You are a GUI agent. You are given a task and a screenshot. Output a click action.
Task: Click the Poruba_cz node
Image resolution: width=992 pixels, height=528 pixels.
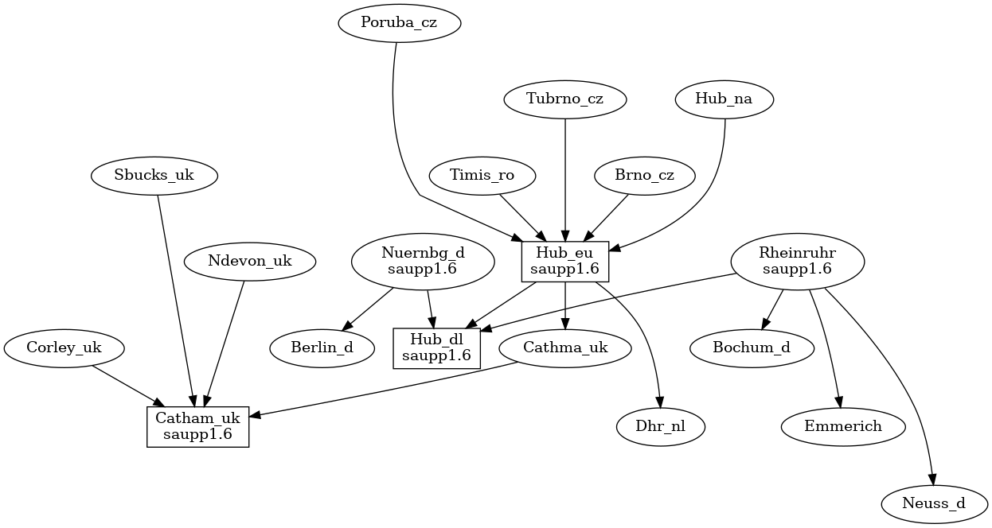click(399, 23)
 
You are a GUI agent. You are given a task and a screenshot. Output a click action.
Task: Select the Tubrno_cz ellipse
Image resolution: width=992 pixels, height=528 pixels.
click(565, 99)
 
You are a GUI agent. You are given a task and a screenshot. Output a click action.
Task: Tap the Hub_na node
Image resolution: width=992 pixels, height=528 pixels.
click(724, 99)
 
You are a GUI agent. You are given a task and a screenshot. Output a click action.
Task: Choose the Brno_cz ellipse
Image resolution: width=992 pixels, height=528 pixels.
click(644, 176)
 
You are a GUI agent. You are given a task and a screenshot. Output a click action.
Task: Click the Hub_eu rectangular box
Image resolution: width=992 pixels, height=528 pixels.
click(565, 262)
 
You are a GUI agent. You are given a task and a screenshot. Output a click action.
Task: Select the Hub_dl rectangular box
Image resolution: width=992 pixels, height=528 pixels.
click(437, 347)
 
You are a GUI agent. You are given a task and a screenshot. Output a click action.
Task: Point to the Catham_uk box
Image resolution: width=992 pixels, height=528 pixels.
click(198, 427)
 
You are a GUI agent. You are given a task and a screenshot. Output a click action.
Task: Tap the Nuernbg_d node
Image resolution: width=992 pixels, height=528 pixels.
click(422, 262)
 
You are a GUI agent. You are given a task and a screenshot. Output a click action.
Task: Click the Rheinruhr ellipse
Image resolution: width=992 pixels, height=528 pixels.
click(797, 262)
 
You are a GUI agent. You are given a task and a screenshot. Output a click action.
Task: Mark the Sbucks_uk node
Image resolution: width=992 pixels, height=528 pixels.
click(154, 176)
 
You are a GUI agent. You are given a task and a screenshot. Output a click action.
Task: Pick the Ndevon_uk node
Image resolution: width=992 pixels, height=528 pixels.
click(249, 262)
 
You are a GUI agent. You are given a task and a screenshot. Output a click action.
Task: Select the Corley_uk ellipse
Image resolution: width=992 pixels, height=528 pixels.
click(64, 347)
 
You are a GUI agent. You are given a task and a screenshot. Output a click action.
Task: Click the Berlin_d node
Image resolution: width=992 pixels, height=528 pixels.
click(322, 347)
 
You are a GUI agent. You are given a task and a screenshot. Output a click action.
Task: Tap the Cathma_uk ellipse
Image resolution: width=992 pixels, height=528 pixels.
click(565, 347)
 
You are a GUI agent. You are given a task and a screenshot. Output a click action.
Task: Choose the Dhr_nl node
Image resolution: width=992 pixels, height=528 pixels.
click(661, 427)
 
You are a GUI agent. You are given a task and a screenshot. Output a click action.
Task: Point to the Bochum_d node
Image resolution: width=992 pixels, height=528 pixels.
click(752, 347)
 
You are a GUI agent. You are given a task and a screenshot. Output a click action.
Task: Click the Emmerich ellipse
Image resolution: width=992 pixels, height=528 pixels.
click(843, 427)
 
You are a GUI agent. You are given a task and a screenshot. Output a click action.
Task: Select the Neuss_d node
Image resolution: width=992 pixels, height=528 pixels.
click(935, 503)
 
